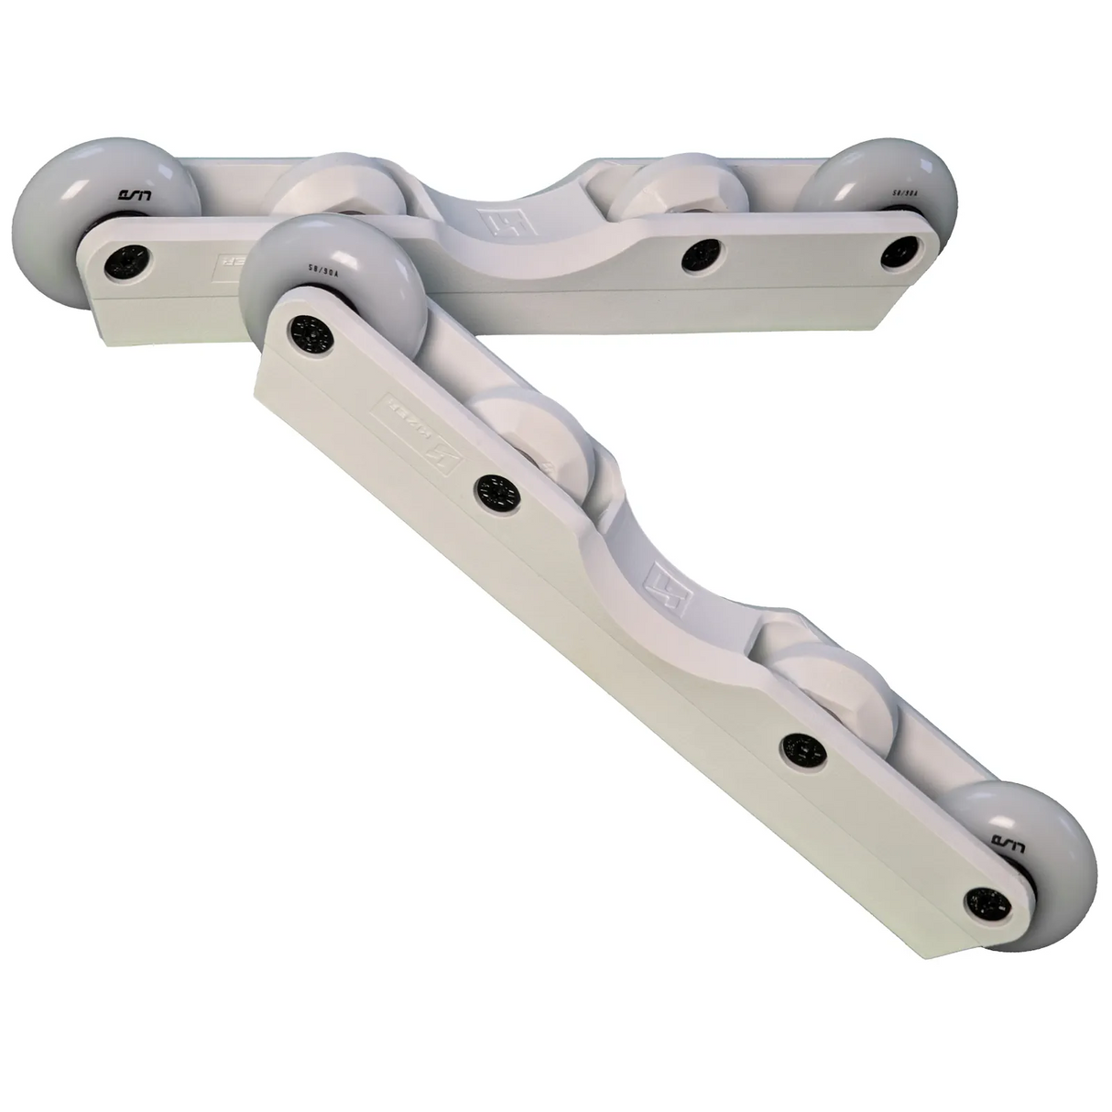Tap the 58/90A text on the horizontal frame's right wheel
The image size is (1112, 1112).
[901, 193]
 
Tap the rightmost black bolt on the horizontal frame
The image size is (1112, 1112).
[903, 254]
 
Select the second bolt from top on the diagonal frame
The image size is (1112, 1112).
[495, 493]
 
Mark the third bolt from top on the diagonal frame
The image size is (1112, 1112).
[804, 749]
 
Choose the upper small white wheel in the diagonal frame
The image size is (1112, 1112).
[540, 431]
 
